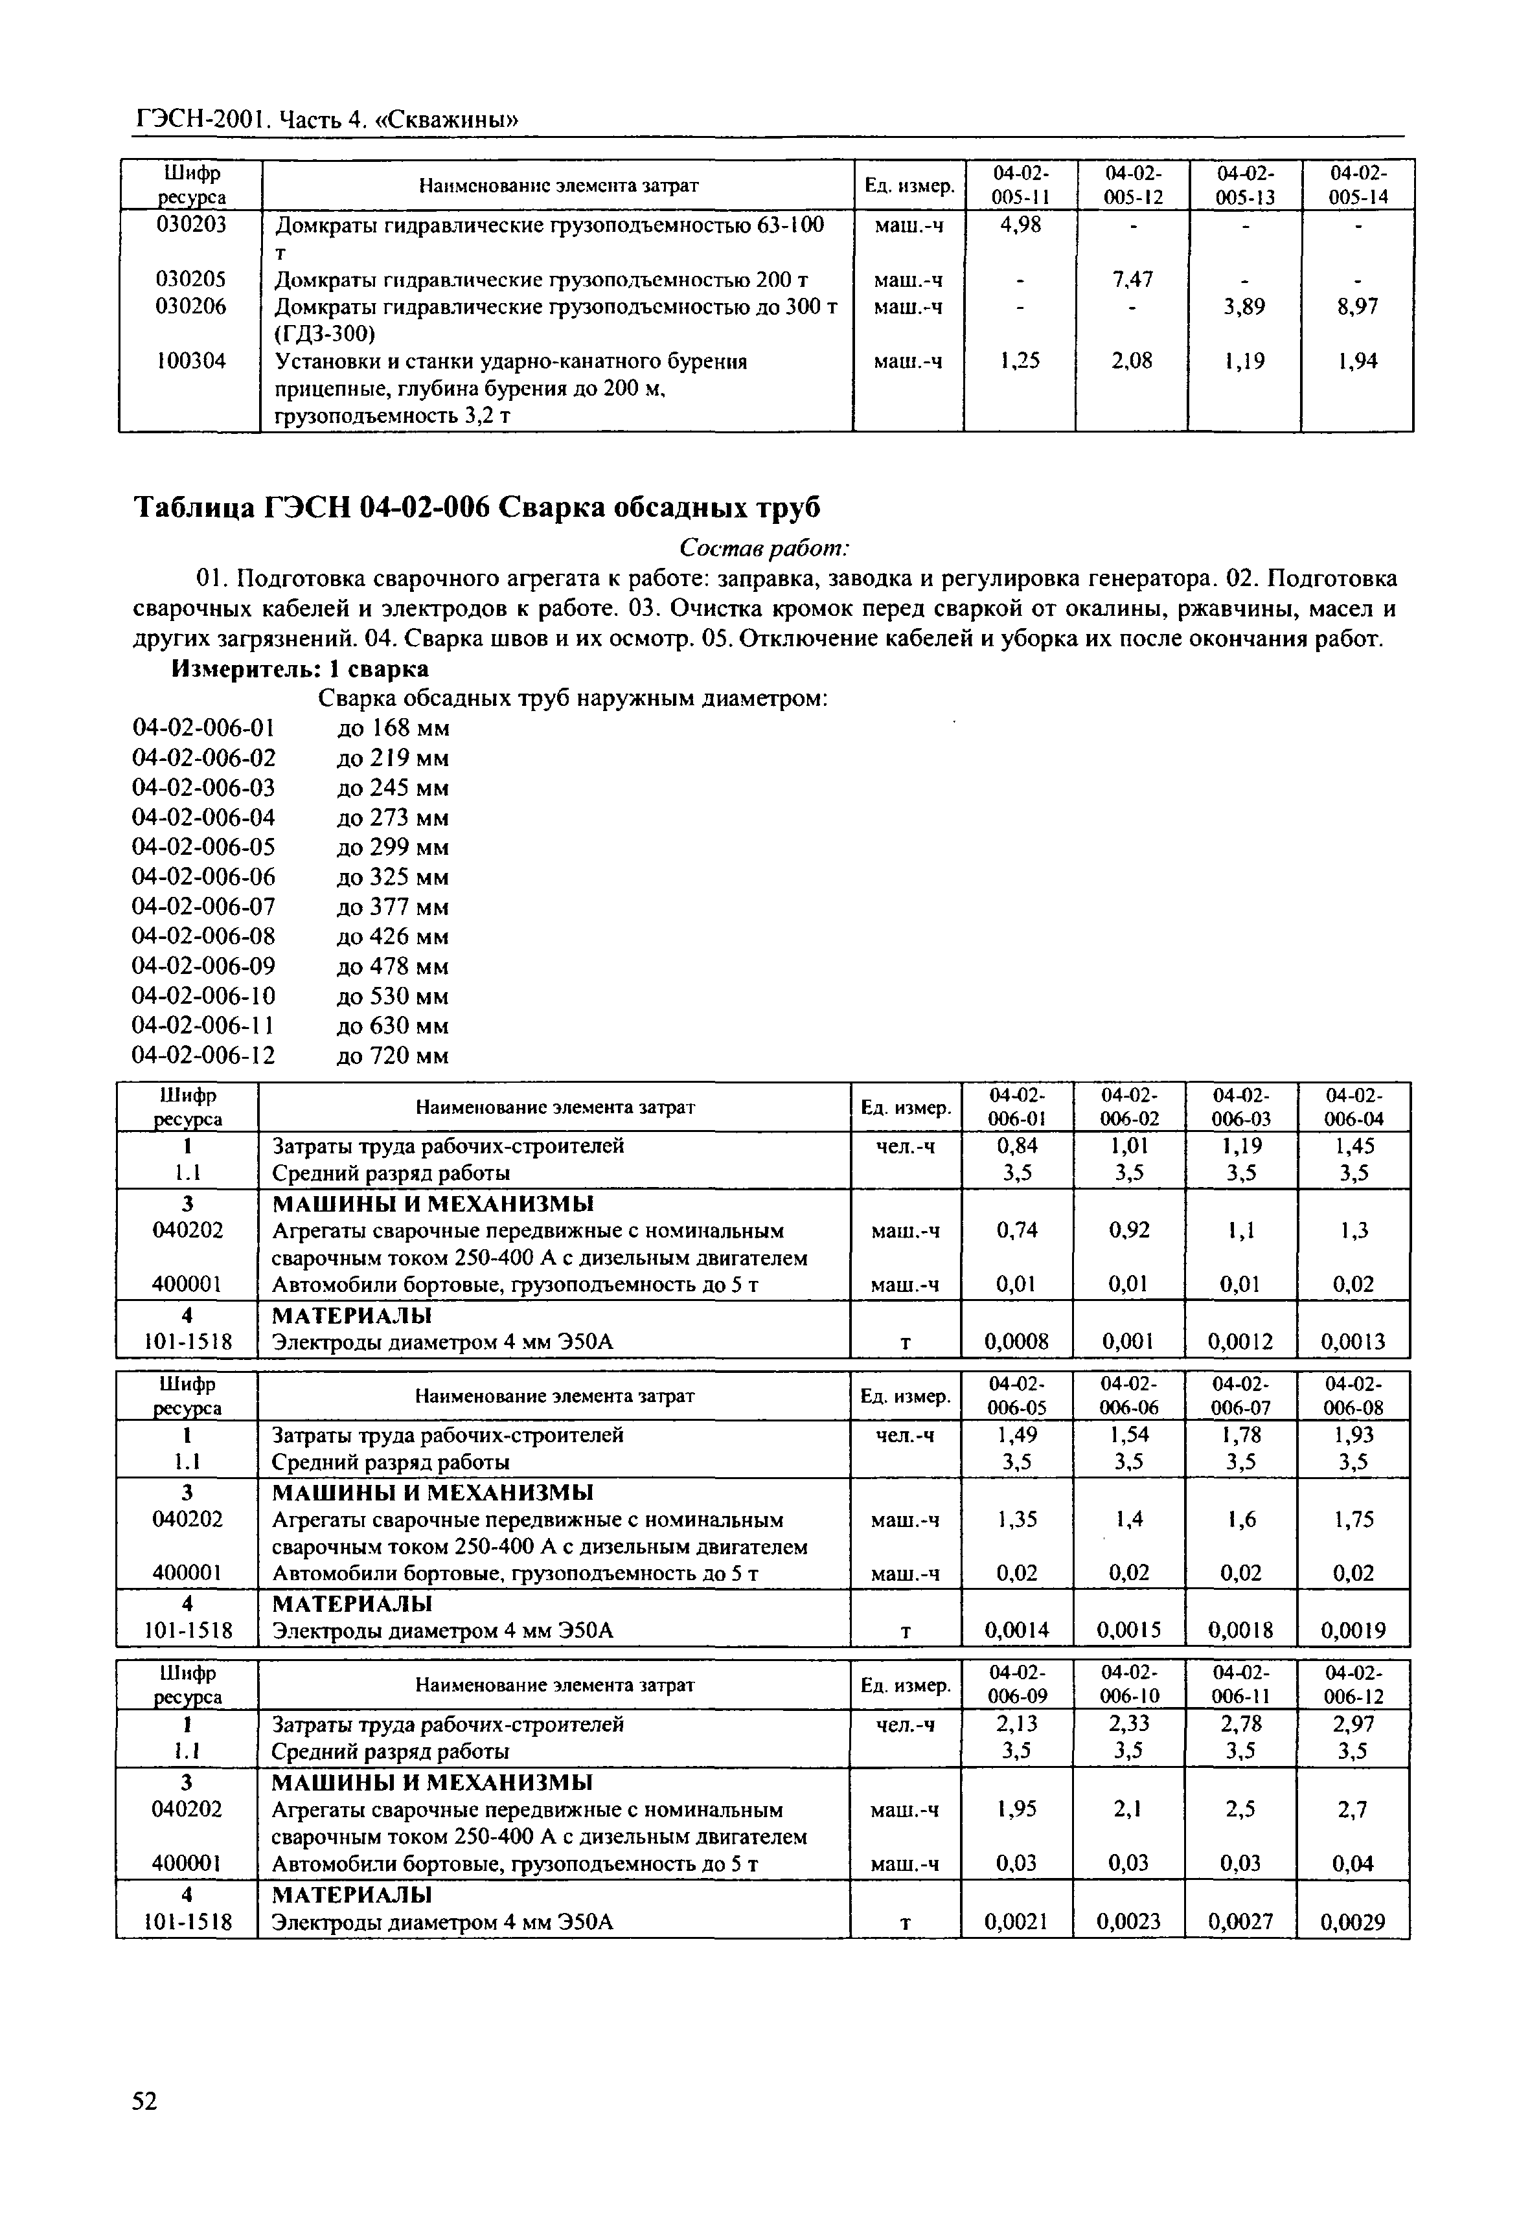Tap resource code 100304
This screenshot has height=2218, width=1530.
click(x=191, y=361)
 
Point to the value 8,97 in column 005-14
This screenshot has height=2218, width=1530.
click(x=1358, y=307)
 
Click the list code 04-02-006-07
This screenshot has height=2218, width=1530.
click(x=203, y=907)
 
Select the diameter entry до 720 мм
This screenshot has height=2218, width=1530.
click(x=393, y=1056)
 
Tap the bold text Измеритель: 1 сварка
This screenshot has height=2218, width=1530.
click(x=299, y=668)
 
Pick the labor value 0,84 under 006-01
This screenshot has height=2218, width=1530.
click(x=1017, y=1146)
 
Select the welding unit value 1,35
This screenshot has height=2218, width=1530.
click(x=1017, y=1519)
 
